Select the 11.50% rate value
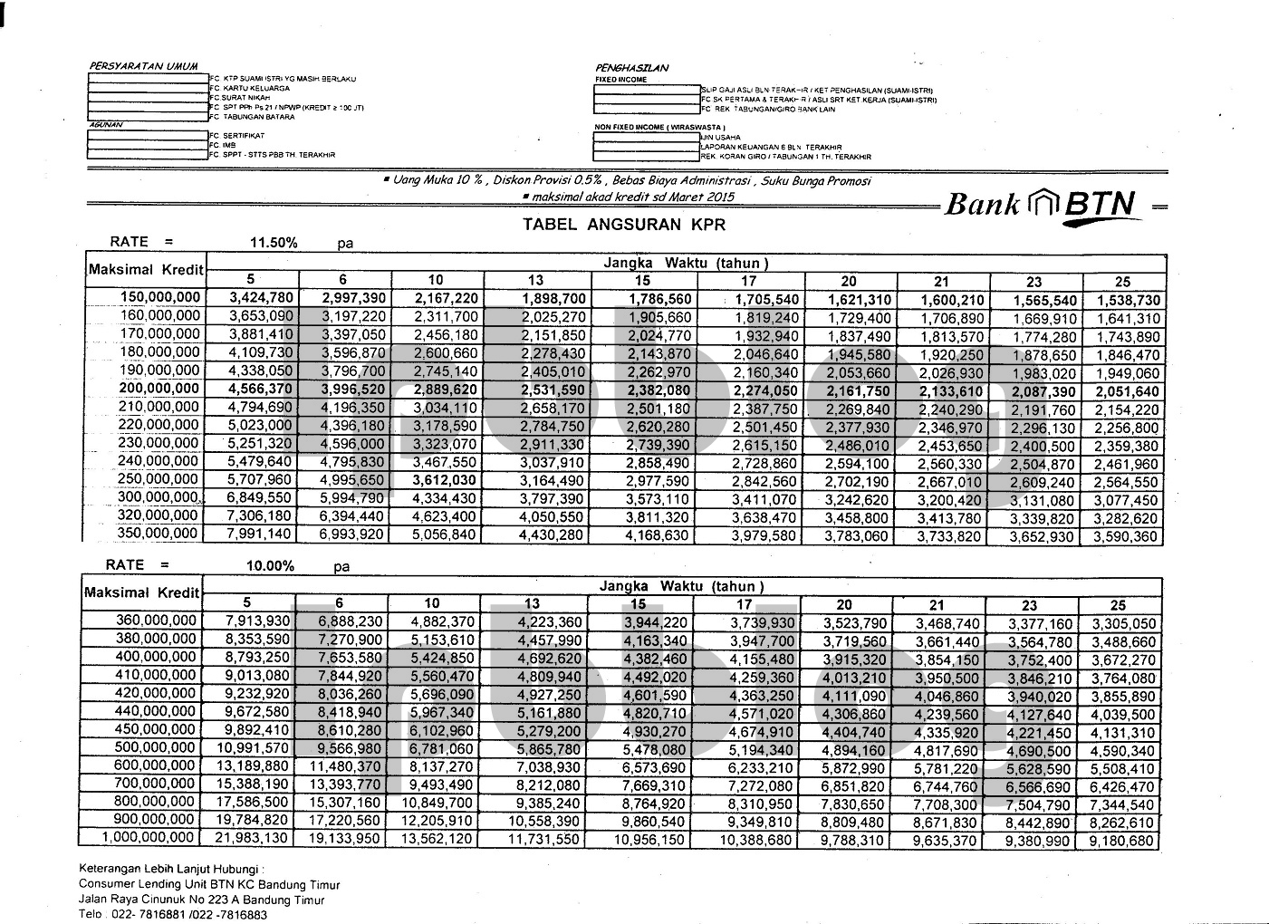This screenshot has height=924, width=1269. pos(273,243)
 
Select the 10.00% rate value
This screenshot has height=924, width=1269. pos(270,566)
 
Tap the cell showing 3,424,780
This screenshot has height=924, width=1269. pos(261,299)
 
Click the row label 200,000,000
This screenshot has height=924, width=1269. pos(159,389)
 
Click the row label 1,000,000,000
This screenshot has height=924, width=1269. pos(149,838)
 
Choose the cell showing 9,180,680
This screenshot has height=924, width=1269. pos(1123,841)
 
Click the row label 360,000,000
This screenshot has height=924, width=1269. pos(156,621)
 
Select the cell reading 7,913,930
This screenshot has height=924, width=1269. pos(257,622)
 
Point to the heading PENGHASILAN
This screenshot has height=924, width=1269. pos(631,68)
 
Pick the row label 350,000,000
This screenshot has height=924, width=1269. pos(159,534)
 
